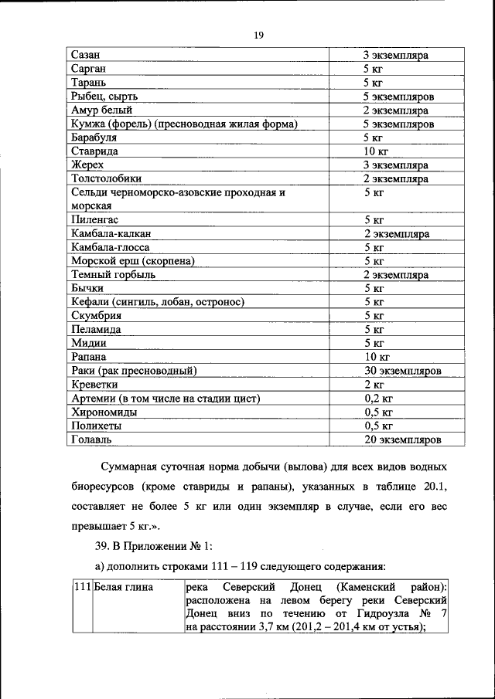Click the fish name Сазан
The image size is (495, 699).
pos(87,55)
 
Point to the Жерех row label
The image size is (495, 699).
pos(87,165)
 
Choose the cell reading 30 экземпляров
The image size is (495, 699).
pos(402,371)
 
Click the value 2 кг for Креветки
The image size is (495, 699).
pos(374,385)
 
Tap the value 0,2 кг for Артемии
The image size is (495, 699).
pos(378,399)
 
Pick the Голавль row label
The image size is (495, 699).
pos(91,439)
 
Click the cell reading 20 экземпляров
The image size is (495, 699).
pos(402,439)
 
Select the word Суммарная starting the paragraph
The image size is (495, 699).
pos(135,469)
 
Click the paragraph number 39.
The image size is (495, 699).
pos(103,548)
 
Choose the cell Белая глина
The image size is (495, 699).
pos(124,588)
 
